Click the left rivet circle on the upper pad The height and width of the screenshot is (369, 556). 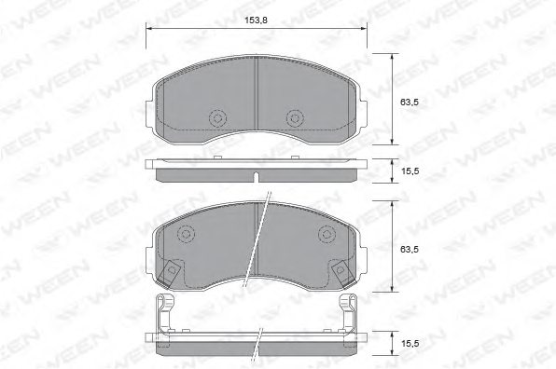(x=218, y=118)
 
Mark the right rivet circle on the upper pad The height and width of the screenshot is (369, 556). (x=294, y=118)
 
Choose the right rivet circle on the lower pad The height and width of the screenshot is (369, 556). (x=327, y=234)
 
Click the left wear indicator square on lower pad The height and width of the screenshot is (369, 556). (x=171, y=271)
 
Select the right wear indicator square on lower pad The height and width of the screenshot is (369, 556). (x=341, y=271)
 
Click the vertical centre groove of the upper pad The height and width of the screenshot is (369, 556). (x=256, y=98)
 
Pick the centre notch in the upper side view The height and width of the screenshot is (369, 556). (x=256, y=174)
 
